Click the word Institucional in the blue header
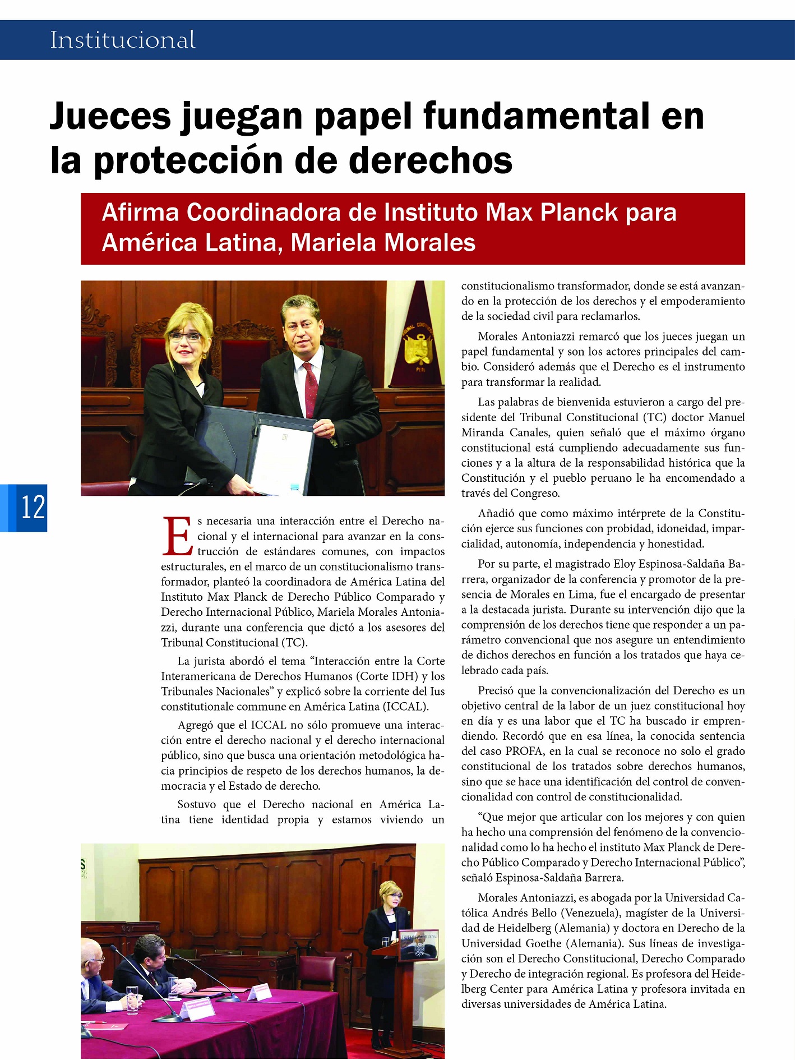pos(123,40)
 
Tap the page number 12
pos(33,508)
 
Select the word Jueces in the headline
pos(110,116)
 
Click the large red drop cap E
pos(178,536)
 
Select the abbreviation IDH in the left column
pos(402,676)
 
